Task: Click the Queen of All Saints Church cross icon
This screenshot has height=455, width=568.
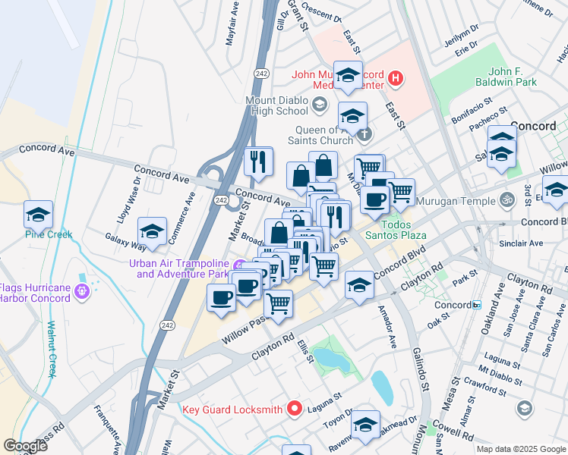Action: (365, 134)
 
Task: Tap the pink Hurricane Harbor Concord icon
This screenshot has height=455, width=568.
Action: (82, 291)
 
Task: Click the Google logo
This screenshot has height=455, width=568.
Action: (26, 446)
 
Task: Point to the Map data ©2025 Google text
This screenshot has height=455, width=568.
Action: (521, 449)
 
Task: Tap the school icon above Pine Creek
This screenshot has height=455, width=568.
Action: (38, 215)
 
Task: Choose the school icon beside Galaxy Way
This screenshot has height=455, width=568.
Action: (152, 232)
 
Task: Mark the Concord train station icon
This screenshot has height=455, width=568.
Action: (476, 305)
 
